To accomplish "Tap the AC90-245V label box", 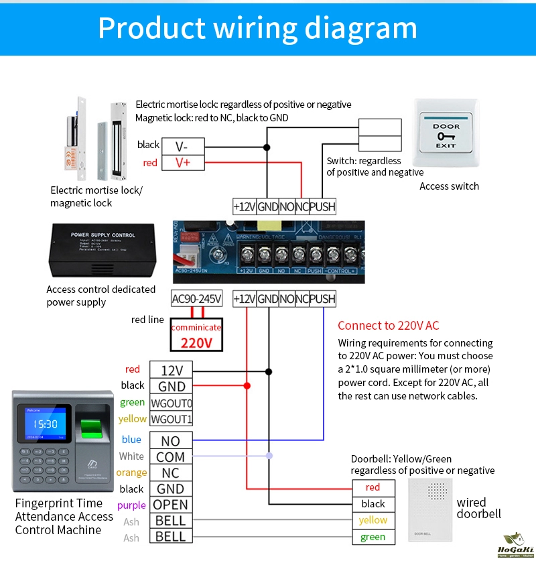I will pos(196,299).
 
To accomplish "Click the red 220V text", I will pos(196,342).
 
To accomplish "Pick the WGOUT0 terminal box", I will pos(171,403).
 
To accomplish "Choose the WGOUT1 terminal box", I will pos(171,420).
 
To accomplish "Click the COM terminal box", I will pos(171,457).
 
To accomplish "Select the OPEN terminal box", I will pos(171,505).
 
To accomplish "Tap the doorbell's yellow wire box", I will pos(373,520).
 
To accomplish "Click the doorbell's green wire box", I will pos(373,537).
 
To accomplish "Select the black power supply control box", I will pos(103,249).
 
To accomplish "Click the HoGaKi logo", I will pos(514,546).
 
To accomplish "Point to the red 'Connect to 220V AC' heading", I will pos(389,326).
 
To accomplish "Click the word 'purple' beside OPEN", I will pos(131,505).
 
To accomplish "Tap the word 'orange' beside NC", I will pos(131,472).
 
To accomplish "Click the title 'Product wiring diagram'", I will pos(258,27).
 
